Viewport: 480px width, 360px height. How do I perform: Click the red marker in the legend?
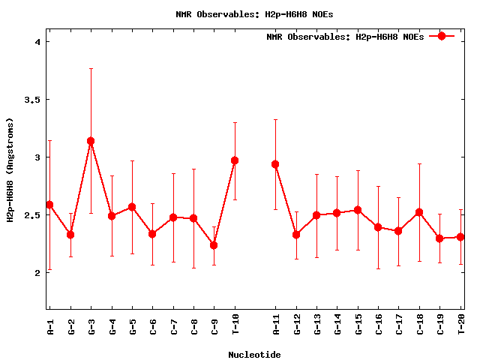click(x=442, y=36)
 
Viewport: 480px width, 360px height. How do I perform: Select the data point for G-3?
click(x=91, y=141)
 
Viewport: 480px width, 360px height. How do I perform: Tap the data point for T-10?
click(x=235, y=160)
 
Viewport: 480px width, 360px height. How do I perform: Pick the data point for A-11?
click(x=275, y=164)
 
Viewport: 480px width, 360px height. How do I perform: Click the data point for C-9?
click(x=214, y=245)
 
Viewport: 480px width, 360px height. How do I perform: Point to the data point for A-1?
click(x=49, y=205)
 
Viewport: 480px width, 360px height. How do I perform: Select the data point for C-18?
click(x=419, y=212)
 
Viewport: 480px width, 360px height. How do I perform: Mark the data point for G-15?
click(x=358, y=210)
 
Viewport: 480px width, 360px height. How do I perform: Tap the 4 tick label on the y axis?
click(x=37, y=42)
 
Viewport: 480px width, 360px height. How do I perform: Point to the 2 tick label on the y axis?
click(x=37, y=273)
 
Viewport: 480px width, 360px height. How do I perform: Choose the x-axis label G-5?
click(x=132, y=327)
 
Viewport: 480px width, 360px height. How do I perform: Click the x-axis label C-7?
click(x=173, y=327)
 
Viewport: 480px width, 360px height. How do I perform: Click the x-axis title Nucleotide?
click(x=254, y=354)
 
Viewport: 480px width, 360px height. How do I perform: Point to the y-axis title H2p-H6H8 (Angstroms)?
click(x=10, y=169)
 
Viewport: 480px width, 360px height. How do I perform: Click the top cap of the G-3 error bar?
click(x=91, y=69)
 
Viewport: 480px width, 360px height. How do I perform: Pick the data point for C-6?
click(x=152, y=234)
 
